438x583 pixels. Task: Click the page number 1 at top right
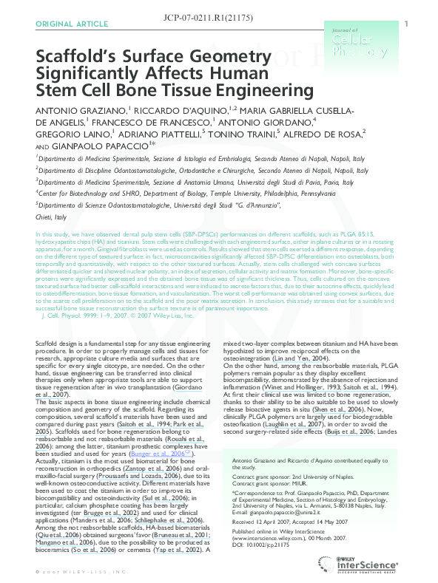tap(406, 24)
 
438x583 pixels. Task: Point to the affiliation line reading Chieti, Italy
tap(51, 217)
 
